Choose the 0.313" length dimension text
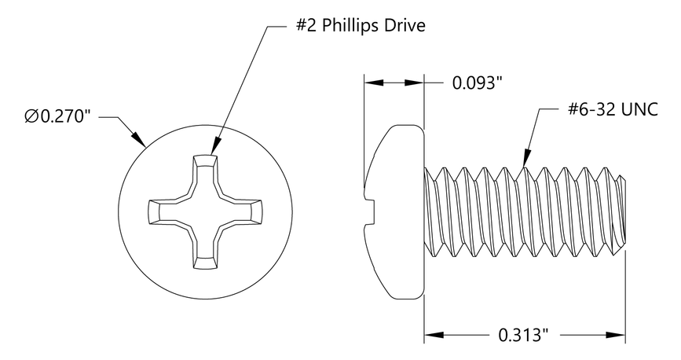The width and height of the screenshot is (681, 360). click(x=523, y=336)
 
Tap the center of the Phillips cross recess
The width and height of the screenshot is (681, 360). click(x=205, y=211)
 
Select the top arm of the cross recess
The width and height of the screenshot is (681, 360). click(x=205, y=170)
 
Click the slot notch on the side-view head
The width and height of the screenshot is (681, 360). click(x=371, y=211)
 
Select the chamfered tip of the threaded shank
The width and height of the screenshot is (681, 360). click(x=622, y=212)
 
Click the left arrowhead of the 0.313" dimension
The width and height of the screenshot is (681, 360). click(x=431, y=336)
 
